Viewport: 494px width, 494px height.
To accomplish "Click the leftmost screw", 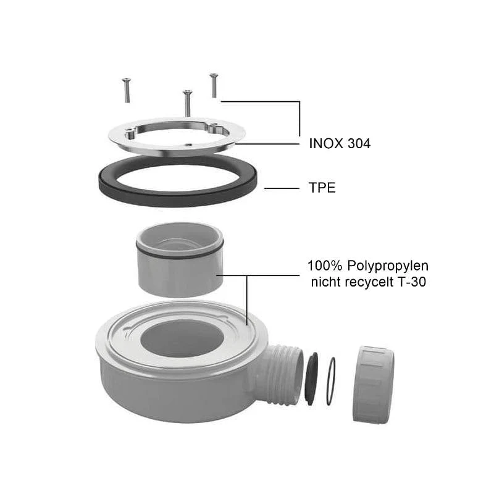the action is click(127, 90).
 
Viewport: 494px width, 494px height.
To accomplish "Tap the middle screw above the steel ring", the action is click(188, 103).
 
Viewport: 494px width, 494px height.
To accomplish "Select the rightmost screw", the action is click(214, 85).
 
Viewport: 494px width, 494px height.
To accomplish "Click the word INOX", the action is click(326, 144).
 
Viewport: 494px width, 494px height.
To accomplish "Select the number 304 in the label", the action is click(359, 144).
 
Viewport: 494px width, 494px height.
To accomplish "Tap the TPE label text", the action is click(322, 188).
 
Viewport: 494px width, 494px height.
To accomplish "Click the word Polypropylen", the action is click(388, 266).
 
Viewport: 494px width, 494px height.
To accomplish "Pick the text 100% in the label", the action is click(325, 266).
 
